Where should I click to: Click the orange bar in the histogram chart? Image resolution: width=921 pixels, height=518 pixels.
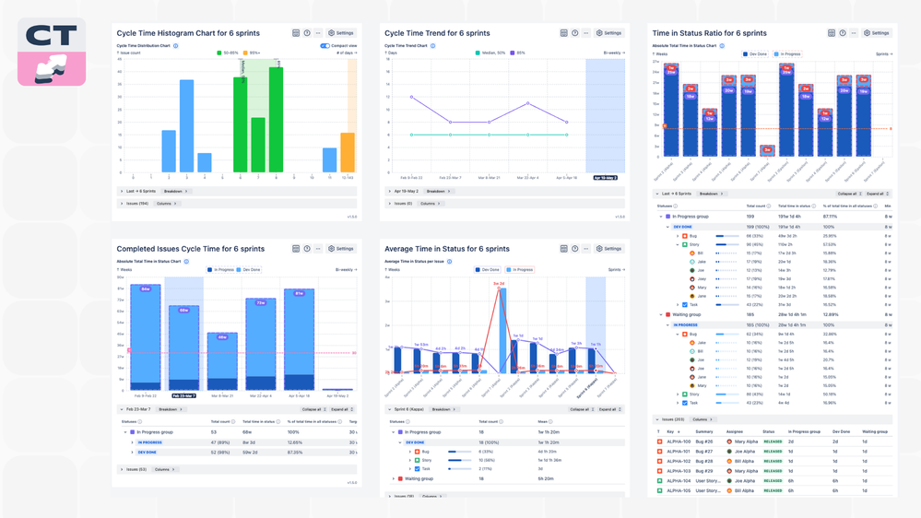(348, 152)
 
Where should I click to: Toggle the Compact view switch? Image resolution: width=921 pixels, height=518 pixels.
(325, 45)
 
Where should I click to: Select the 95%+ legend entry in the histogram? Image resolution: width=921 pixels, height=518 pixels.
(251, 53)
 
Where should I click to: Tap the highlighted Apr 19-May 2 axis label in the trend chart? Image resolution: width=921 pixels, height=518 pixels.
(605, 178)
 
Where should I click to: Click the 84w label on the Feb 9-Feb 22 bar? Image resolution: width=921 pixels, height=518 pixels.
(146, 288)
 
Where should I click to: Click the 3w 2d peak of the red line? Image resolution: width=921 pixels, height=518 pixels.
(499, 284)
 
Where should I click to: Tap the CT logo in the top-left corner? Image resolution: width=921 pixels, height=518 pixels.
(52, 52)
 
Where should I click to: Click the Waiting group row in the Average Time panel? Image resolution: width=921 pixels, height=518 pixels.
(420, 478)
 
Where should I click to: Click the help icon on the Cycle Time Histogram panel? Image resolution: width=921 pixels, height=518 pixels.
(307, 32)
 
